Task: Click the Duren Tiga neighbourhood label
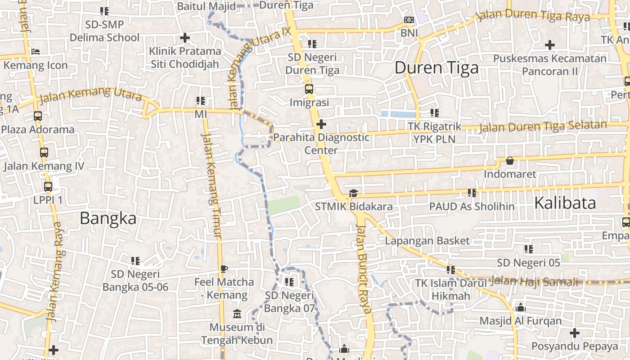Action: pyautogui.click(x=436, y=68)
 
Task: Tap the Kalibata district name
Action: pyautogui.click(x=565, y=203)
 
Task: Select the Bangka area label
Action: pyautogui.click(x=108, y=218)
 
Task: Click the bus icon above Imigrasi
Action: pyautogui.click(x=309, y=89)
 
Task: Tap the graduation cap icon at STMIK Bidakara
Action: pyautogui.click(x=353, y=193)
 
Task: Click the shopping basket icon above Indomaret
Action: pyautogui.click(x=510, y=161)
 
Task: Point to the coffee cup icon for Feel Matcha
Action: pyautogui.click(x=224, y=269)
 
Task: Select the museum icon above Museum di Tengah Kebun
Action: pyautogui.click(x=237, y=314)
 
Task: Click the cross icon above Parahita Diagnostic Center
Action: pyautogui.click(x=321, y=124)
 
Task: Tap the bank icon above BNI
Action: pyautogui.click(x=409, y=20)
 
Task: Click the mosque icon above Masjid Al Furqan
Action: pyautogui.click(x=521, y=308)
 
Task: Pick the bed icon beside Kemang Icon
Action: pyautogui.click(x=36, y=52)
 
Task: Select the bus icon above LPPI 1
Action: pyautogui.click(x=48, y=186)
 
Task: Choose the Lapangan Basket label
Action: pyautogui.click(x=427, y=241)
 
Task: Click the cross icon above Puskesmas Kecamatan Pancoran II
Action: pyautogui.click(x=549, y=45)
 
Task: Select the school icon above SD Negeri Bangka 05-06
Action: pyautogui.click(x=135, y=261)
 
